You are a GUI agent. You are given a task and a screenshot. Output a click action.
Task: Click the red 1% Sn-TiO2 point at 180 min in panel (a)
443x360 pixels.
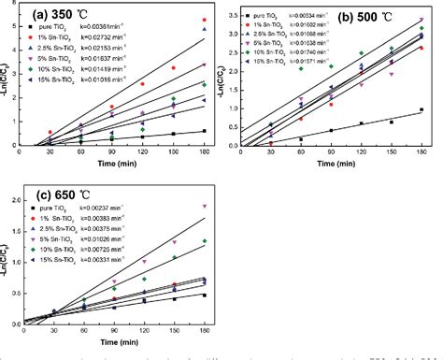(204, 20)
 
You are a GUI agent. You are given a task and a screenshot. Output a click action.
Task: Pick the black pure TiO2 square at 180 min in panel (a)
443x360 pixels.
(204, 132)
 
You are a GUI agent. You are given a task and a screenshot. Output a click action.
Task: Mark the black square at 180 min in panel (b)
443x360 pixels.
(422, 109)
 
